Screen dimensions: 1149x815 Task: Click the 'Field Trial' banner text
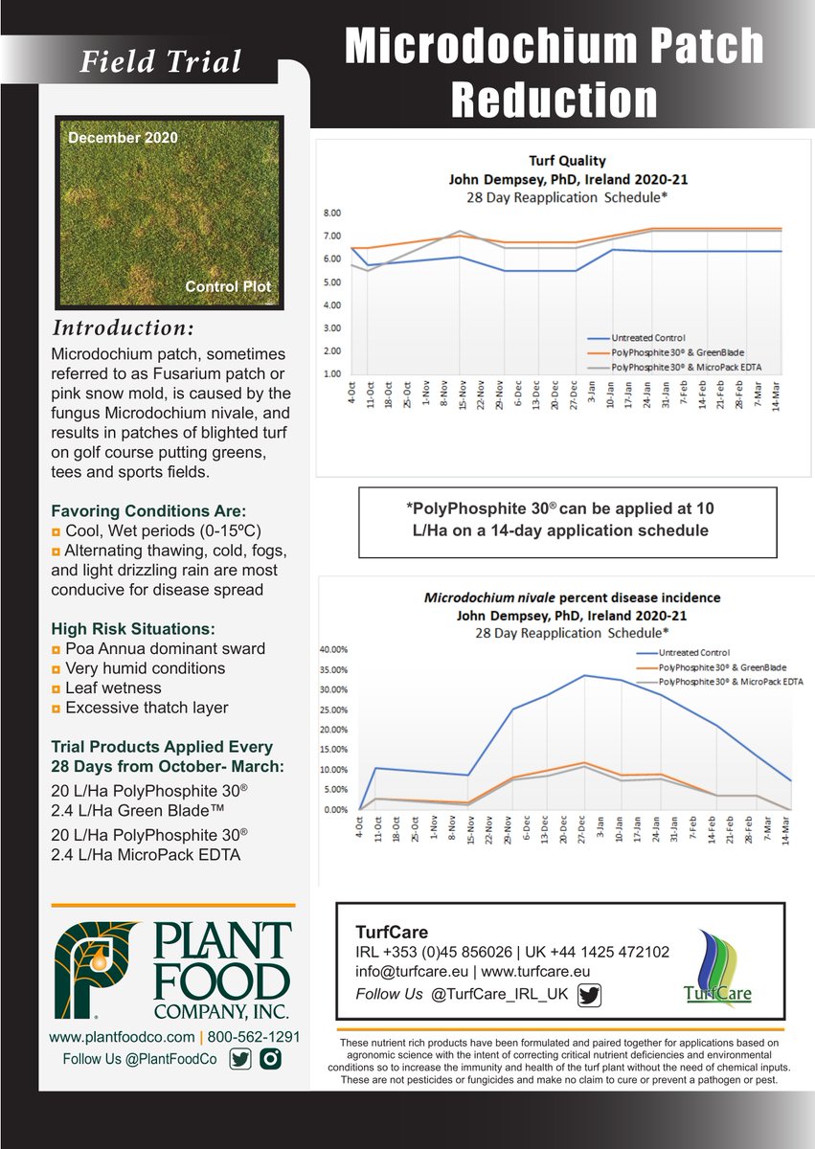[x=160, y=62]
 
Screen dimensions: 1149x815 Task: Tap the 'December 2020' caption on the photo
[x=123, y=138]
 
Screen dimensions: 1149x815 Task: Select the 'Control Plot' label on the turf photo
[x=228, y=286]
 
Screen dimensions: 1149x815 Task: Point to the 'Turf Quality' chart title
[x=568, y=161]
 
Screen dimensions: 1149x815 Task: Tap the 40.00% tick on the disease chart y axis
[x=334, y=649]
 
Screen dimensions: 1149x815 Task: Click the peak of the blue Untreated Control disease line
[x=585, y=675]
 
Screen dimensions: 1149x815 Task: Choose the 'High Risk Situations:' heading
[x=133, y=628]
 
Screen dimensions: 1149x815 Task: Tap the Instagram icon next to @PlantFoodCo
[x=272, y=1059]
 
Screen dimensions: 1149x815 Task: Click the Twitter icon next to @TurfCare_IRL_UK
[x=589, y=995]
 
